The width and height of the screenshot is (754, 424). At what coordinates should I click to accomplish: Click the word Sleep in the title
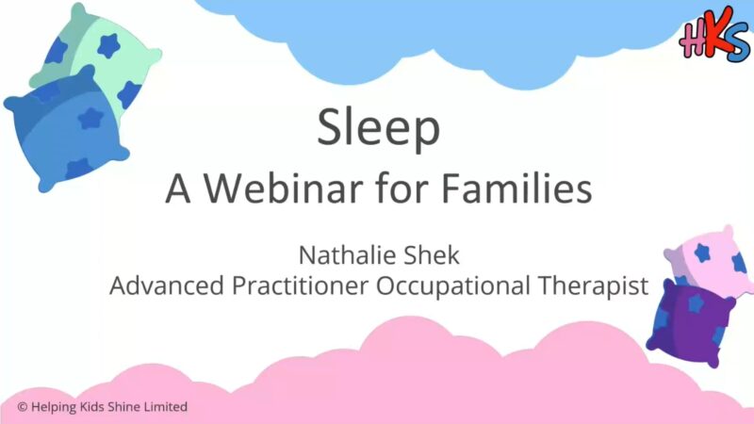pyautogui.click(x=379, y=127)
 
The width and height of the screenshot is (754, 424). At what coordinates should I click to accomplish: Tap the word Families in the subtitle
pyautogui.click(x=516, y=188)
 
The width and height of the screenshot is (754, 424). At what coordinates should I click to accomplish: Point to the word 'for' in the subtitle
pyautogui.click(x=402, y=188)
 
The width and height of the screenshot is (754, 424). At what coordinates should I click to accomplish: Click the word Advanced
pyautogui.click(x=167, y=285)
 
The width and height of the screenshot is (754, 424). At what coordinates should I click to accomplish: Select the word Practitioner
pyautogui.click(x=300, y=285)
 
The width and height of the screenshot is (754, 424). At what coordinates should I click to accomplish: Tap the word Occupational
pyautogui.click(x=452, y=286)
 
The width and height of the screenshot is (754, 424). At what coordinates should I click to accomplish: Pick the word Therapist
pyautogui.click(x=593, y=286)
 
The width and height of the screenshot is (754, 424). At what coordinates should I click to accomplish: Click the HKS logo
pyautogui.click(x=714, y=36)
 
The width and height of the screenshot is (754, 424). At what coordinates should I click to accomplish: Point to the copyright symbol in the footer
pyautogui.click(x=22, y=407)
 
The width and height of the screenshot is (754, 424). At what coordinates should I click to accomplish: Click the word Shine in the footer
pyautogui.click(x=123, y=407)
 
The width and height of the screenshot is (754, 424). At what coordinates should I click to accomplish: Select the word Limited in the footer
pyautogui.click(x=166, y=407)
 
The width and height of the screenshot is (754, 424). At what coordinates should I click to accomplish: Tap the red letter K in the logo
pyautogui.click(x=714, y=34)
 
